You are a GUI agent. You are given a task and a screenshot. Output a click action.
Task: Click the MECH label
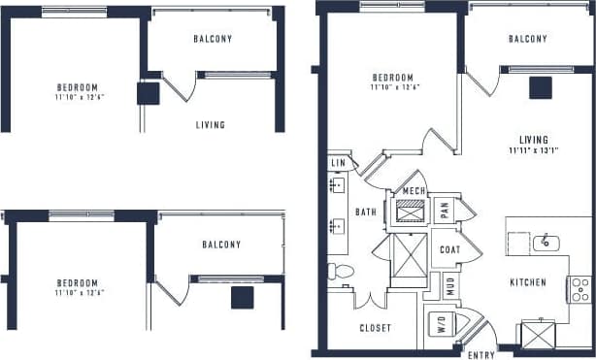point(414,190)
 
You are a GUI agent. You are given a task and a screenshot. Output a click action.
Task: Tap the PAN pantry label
point(444,210)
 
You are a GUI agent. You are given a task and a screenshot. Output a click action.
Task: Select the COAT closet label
point(449,248)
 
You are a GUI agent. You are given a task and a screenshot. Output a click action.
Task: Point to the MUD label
point(451,286)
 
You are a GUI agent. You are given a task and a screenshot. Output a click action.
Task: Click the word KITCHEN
point(528,282)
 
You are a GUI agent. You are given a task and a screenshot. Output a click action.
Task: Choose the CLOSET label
point(375,328)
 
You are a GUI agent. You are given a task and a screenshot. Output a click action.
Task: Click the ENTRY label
point(481,355)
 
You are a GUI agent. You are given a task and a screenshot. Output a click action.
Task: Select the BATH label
point(366,212)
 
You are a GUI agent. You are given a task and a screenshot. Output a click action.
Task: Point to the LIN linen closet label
point(338,164)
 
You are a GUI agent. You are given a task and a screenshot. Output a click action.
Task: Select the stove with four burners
point(579,288)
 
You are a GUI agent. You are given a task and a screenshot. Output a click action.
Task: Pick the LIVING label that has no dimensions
point(211,125)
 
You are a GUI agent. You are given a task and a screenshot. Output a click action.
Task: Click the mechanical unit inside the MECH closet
point(410,210)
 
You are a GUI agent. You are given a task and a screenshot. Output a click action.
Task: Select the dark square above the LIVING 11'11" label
point(541,88)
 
